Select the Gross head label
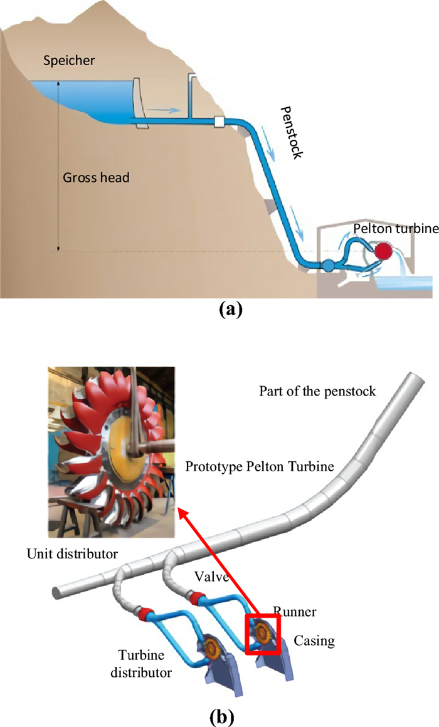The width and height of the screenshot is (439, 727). [96, 178]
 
